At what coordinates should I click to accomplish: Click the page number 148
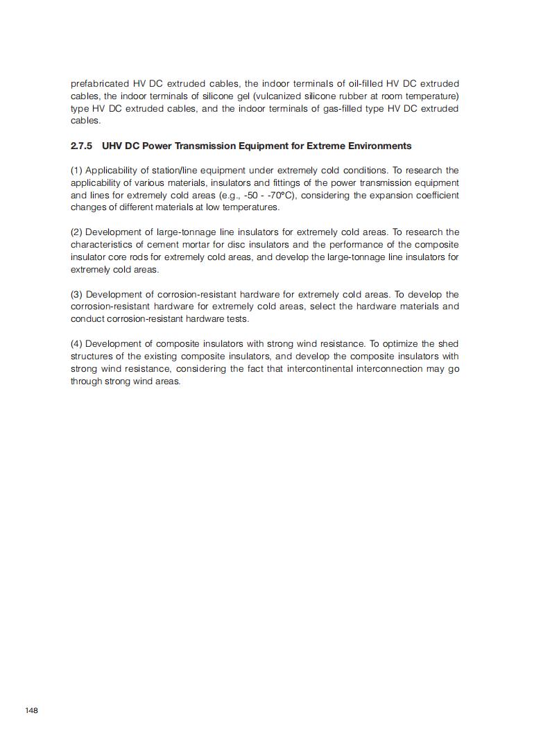tap(31, 710)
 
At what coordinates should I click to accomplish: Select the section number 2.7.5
tap(81, 146)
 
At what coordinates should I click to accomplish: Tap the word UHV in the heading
tap(112, 146)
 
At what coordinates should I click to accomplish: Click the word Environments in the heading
tap(377, 146)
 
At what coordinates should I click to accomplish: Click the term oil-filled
tap(361, 83)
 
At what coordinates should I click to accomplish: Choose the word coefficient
tap(434, 195)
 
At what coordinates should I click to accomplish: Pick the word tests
tap(237, 319)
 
